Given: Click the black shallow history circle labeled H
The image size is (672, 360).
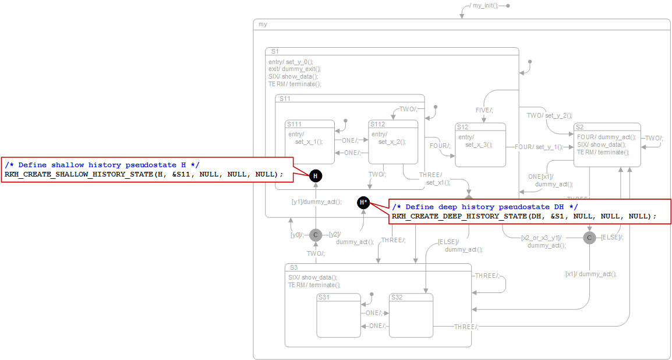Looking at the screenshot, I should pyautogui.click(x=315, y=175).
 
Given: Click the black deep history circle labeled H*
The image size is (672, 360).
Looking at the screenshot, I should pyautogui.click(x=363, y=202).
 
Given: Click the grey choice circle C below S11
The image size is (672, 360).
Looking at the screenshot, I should pyautogui.click(x=315, y=235).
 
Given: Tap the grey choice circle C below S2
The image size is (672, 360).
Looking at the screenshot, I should pyautogui.click(x=589, y=238).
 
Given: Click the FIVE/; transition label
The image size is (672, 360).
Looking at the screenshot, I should pyautogui.click(x=484, y=110).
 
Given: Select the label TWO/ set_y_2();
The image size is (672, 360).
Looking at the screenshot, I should pyautogui.click(x=549, y=115).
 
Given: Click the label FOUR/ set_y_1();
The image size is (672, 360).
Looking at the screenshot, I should pyautogui.click(x=538, y=147).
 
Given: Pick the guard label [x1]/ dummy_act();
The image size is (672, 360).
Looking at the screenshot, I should pyautogui.click(x=590, y=274).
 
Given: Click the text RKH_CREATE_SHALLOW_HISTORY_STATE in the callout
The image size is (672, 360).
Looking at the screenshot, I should pyautogui.click(x=76, y=174).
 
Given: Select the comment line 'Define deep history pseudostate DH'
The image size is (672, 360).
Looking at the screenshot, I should pyautogui.click(x=484, y=207).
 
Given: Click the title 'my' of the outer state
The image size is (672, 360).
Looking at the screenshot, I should pyautogui.click(x=263, y=24).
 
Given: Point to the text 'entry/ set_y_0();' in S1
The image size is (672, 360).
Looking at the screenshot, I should pyautogui.click(x=291, y=62).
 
